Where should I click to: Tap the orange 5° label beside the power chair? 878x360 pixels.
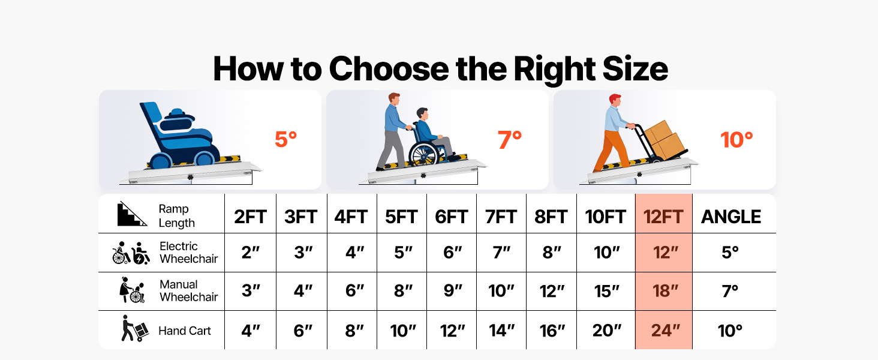285,139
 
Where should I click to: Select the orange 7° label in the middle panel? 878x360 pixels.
510,140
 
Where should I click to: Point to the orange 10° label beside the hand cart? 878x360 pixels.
736,140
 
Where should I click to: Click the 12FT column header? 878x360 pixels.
663,217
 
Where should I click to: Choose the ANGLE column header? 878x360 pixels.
731,217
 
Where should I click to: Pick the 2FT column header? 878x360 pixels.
250,217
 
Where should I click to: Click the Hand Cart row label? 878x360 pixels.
184,331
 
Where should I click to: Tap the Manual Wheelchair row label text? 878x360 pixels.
188,290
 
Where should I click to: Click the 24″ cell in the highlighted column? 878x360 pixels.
665,330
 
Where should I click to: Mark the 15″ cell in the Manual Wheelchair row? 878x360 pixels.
606,291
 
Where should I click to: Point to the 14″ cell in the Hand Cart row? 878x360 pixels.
501,330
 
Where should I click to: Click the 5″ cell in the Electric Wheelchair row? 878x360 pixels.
403,252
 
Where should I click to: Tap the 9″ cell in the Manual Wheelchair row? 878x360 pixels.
453,291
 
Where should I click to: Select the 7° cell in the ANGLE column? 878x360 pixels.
730,291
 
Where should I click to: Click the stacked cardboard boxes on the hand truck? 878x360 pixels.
664,139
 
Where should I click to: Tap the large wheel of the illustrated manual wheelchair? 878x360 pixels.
423,155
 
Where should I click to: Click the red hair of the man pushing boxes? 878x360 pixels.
615,98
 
